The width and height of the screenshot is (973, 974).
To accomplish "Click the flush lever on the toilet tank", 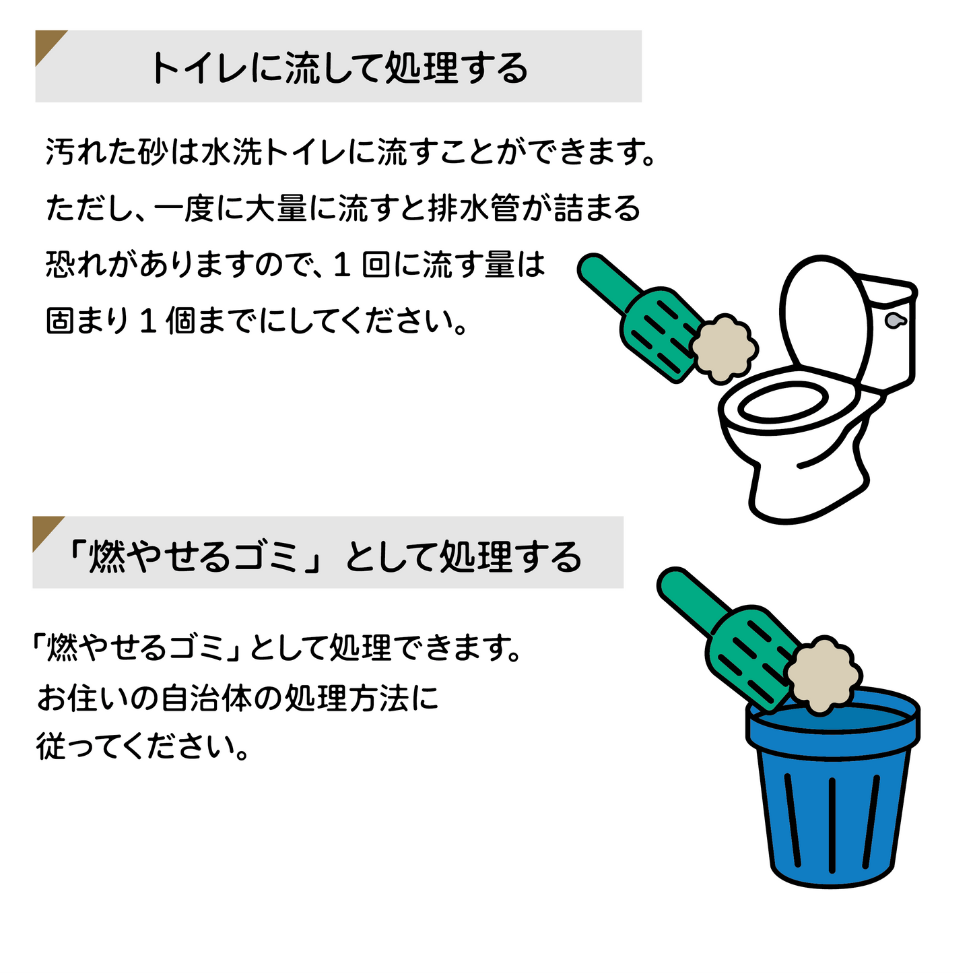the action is click(x=895, y=320).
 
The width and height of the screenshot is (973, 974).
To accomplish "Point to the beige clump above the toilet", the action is click(x=724, y=349).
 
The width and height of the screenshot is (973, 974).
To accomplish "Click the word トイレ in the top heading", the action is click(x=200, y=67).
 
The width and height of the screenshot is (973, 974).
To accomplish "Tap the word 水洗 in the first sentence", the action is click(x=232, y=151).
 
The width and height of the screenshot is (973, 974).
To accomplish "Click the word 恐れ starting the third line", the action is click(x=76, y=264).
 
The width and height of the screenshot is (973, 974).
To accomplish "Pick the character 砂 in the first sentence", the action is click(x=152, y=151).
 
